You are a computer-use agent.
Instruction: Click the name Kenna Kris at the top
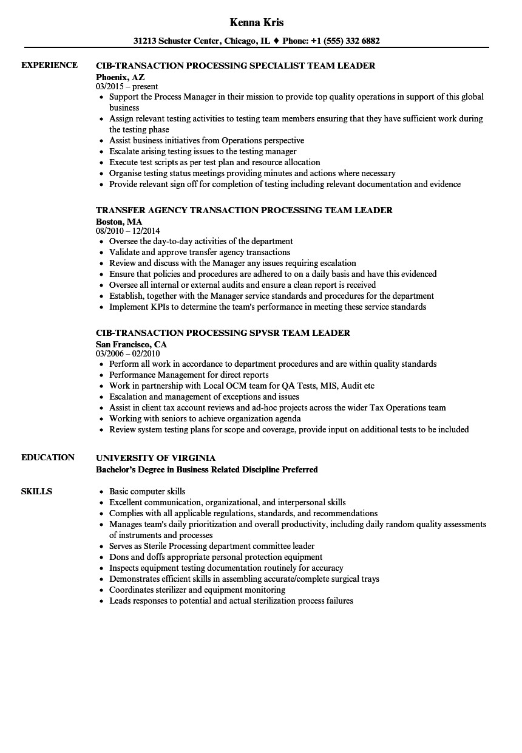coord(257,22)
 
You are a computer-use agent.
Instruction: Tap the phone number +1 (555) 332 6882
coord(345,41)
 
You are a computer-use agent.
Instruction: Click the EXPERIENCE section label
coord(49,65)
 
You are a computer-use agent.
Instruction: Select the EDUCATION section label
coord(48,457)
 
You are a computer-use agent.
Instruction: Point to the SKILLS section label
coord(36,491)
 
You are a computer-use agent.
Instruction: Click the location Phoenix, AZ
coord(120,77)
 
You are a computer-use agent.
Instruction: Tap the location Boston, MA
coord(119,221)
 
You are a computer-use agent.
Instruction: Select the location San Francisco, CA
coord(131,344)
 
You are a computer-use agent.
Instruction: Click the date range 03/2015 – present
coord(127,87)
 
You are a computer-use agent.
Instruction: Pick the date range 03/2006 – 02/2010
coord(128,353)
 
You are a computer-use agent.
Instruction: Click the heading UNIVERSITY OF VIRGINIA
coord(155,458)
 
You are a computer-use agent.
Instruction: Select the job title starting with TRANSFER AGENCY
coord(244,210)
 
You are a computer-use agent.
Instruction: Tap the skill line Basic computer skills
coord(147,491)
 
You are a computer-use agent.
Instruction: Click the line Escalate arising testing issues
coord(203,151)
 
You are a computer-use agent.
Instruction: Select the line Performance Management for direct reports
coord(189,375)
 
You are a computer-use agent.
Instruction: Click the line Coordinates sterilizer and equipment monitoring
coord(197,590)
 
